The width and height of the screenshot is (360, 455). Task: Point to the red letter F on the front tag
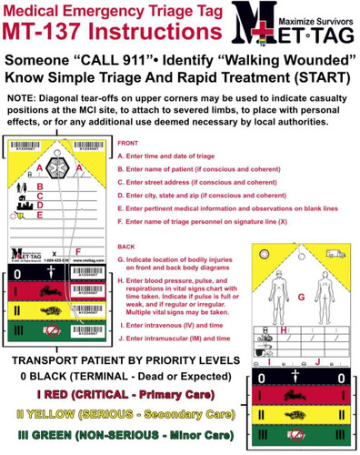77,250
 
